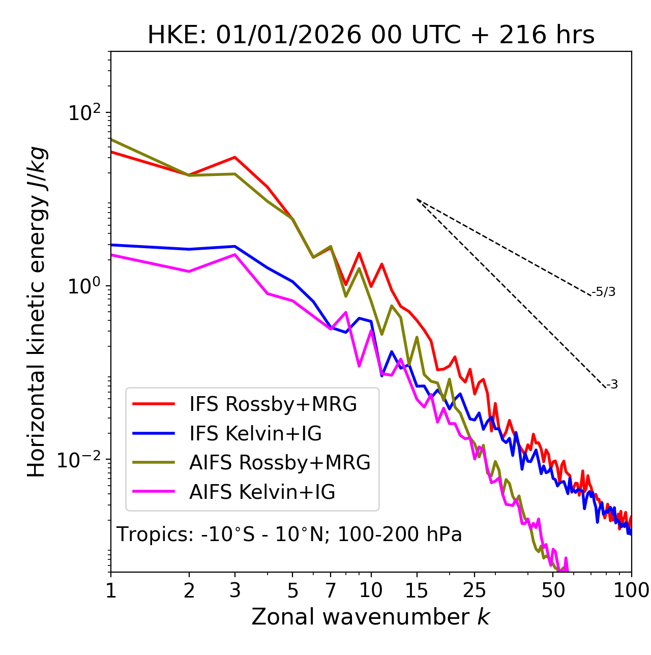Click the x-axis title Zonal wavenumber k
point(370,617)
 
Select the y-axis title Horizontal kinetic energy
point(37,312)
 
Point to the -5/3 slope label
point(604,292)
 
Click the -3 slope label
point(612,384)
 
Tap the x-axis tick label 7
point(331,590)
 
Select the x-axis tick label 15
point(417,590)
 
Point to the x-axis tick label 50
point(553,590)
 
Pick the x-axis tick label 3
point(235,590)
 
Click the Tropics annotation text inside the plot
point(289,534)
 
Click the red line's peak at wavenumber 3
point(235,157)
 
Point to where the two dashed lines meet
point(417,199)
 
